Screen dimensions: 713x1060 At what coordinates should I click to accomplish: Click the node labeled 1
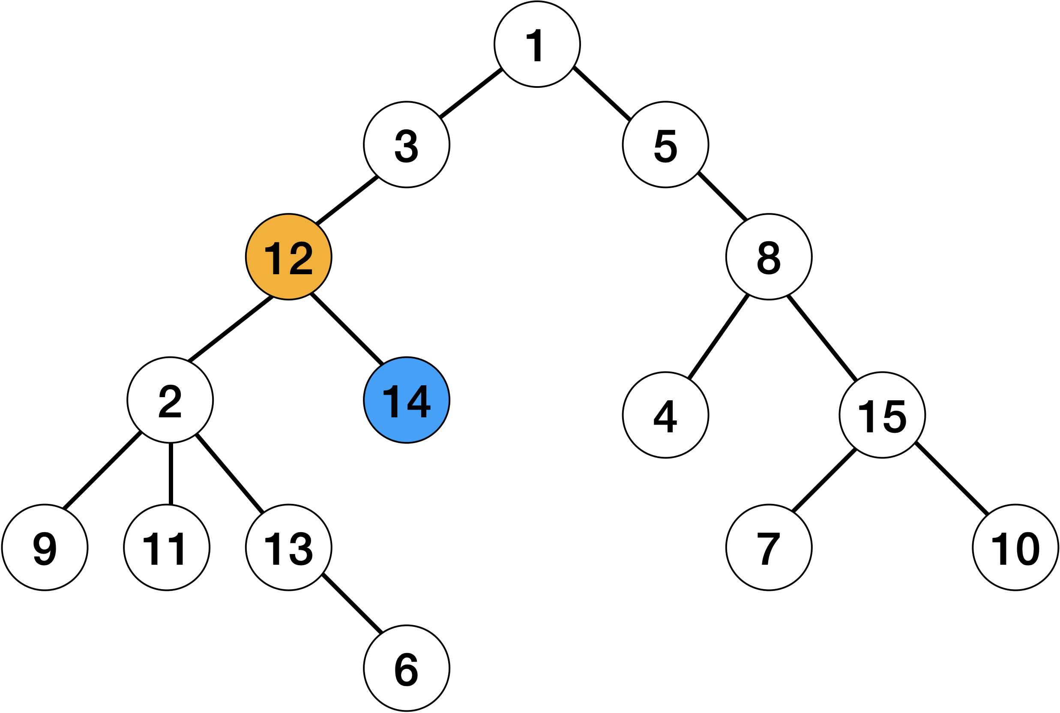[537, 44]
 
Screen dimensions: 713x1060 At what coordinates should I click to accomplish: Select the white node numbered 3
[406, 144]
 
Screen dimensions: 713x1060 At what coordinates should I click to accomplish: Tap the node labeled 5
[665, 144]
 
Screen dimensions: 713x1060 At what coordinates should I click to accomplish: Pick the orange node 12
[289, 257]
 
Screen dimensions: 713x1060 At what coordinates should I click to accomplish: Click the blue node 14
[406, 400]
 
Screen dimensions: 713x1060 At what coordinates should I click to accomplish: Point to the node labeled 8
[769, 257]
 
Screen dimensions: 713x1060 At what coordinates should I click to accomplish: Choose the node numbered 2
[170, 400]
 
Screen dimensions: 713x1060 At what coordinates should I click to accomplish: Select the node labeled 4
[665, 415]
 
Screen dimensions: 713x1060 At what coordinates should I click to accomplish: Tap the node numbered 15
[882, 415]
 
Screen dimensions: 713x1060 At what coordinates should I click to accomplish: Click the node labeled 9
[45, 548]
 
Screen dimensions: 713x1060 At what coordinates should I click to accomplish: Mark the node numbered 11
[167, 548]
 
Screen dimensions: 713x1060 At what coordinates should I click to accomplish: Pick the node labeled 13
[289, 548]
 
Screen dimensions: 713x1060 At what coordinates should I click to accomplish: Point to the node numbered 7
[769, 548]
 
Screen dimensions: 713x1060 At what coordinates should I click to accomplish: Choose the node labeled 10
[1015, 548]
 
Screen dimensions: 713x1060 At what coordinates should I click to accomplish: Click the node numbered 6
[406, 668]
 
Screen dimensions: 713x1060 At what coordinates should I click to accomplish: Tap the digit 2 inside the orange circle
[301, 258]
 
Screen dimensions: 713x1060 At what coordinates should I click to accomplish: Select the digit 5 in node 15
[895, 416]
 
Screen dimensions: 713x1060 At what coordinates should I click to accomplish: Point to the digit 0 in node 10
[1028, 548]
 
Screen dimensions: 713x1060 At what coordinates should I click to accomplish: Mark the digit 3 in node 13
[301, 548]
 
